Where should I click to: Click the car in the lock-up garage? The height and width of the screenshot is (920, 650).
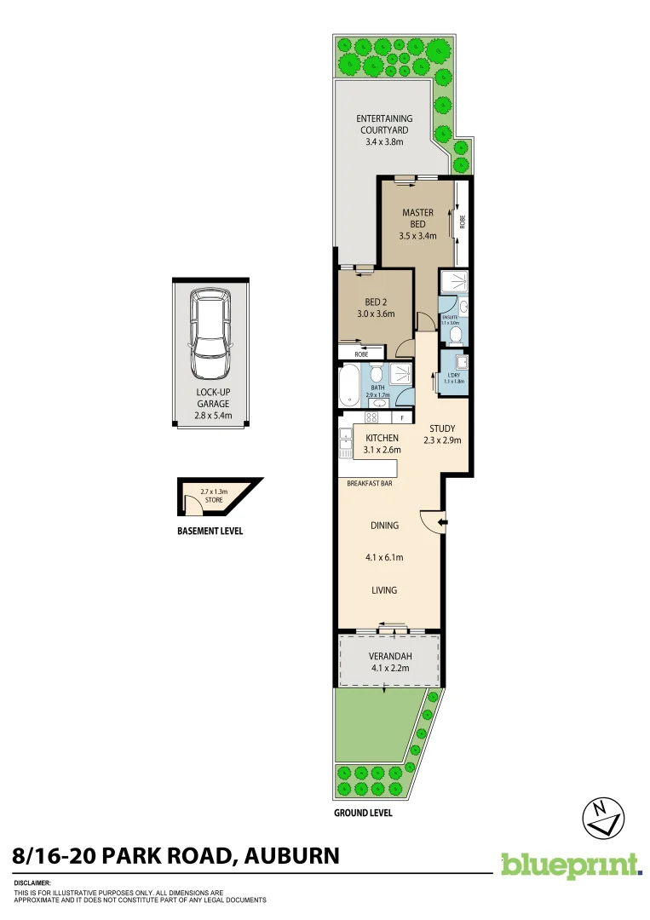(x=210, y=334)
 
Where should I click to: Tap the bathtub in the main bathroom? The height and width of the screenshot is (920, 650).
(x=349, y=386)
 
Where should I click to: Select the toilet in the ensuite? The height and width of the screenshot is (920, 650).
(x=456, y=336)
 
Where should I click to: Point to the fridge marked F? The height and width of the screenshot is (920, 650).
(x=402, y=418)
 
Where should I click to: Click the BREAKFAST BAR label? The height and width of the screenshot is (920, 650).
(x=369, y=484)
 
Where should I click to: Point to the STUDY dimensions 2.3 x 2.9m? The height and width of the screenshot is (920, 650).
(x=442, y=440)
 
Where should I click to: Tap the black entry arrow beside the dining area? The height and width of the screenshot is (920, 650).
(x=442, y=522)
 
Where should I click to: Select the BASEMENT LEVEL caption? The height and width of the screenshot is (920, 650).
(x=210, y=531)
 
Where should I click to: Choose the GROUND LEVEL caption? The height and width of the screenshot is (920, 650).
(x=363, y=813)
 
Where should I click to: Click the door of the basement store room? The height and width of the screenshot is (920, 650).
(x=193, y=508)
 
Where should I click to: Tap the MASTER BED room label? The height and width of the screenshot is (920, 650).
(x=417, y=218)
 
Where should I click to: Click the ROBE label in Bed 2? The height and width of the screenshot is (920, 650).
(x=349, y=353)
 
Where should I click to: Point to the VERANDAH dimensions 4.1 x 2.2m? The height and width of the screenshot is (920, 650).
(x=389, y=669)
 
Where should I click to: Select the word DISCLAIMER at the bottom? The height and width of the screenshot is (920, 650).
(x=33, y=883)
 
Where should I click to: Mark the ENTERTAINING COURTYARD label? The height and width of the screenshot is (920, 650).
(x=384, y=124)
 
